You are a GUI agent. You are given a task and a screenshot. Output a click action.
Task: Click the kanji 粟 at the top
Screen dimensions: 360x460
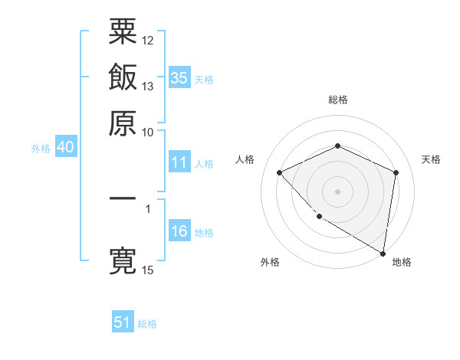click(x=123, y=31)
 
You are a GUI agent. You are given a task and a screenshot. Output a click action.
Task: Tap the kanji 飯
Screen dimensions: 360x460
click(x=123, y=78)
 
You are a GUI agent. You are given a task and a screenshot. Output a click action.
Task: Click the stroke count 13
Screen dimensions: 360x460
click(x=148, y=86)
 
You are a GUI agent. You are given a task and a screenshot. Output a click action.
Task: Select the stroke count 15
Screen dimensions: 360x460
click(x=148, y=270)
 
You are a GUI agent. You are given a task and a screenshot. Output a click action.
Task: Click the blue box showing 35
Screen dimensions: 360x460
click(x=179, y=77)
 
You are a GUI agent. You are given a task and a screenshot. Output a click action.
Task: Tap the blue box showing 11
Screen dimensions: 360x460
click(x=179, y=162)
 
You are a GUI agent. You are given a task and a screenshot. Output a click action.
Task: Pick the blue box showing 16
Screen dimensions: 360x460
click(x=179, y=231)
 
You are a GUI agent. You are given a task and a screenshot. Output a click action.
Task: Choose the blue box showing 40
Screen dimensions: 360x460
click(x=65, y=148)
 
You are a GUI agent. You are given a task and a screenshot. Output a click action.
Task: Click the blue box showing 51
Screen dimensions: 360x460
click(x=123, y=322)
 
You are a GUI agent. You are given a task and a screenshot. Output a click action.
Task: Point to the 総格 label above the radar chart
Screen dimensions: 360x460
click(x=338, y=100)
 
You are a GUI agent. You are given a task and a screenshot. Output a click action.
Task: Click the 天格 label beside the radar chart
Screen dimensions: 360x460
click(x=432, y=159)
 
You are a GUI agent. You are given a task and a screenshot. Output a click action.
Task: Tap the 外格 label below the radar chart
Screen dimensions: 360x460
click(x=270, y=262)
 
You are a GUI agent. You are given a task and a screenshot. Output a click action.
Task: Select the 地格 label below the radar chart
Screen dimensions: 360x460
click(x=402, y=262)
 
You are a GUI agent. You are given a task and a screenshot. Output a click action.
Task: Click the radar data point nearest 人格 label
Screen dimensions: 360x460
click(x=280, y=172)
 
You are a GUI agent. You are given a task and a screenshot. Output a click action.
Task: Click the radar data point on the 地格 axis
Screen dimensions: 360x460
click(x=383, y=252)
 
